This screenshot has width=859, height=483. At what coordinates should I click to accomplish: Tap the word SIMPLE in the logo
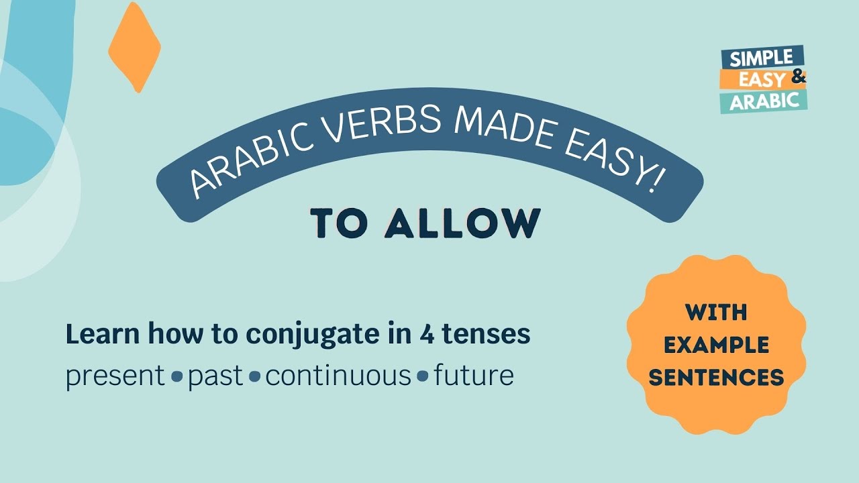(762, 58)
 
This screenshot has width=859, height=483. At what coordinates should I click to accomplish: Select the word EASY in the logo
(763, 80)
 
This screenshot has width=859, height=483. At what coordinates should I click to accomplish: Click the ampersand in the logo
(798, 78)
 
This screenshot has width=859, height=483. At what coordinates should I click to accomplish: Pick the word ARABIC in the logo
(764, 101)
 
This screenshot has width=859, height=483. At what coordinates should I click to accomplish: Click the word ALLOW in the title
(463, 223)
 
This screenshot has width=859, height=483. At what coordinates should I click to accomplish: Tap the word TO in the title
(339, 224)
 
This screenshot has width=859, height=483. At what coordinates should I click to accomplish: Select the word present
(115, 376)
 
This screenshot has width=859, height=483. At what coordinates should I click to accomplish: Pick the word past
(215, 376)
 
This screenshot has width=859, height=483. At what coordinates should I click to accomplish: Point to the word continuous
(338, 376)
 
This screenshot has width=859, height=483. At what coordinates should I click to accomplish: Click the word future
(473, 376)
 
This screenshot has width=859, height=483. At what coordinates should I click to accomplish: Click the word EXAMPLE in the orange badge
(716, 345)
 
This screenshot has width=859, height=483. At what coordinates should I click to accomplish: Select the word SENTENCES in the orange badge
(716, 377)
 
